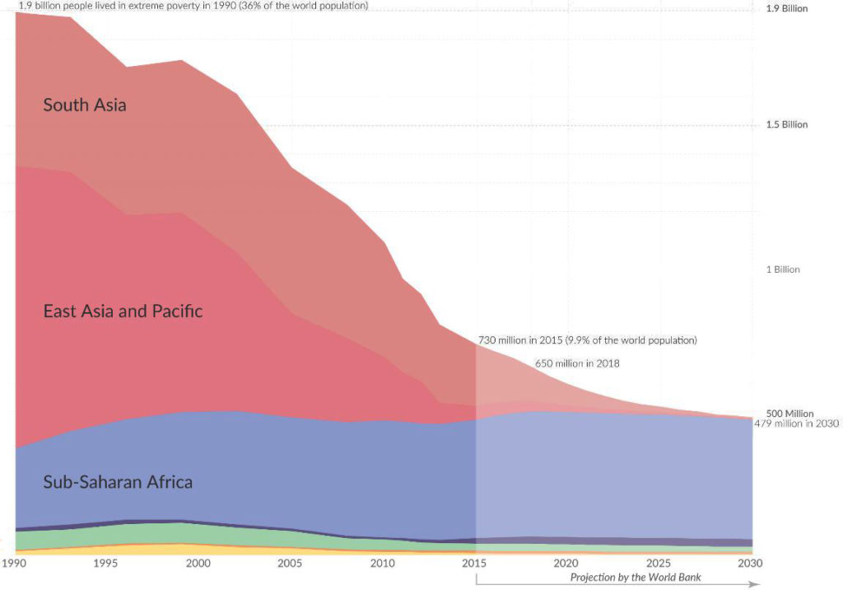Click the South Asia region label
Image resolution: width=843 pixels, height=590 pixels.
[85, 105]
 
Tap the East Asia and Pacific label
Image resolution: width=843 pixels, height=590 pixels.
[123, 311]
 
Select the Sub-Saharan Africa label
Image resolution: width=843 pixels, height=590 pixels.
[118, 482]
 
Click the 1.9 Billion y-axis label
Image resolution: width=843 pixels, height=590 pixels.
[787, 9]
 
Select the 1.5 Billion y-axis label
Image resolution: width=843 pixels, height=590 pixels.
[787, 125]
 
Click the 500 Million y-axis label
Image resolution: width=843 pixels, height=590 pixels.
[789, 414]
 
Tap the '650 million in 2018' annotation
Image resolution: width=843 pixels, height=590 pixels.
[577, 363]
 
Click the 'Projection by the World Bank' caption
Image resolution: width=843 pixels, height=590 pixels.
[636, 578]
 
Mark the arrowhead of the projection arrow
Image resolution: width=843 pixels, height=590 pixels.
[754, 584]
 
